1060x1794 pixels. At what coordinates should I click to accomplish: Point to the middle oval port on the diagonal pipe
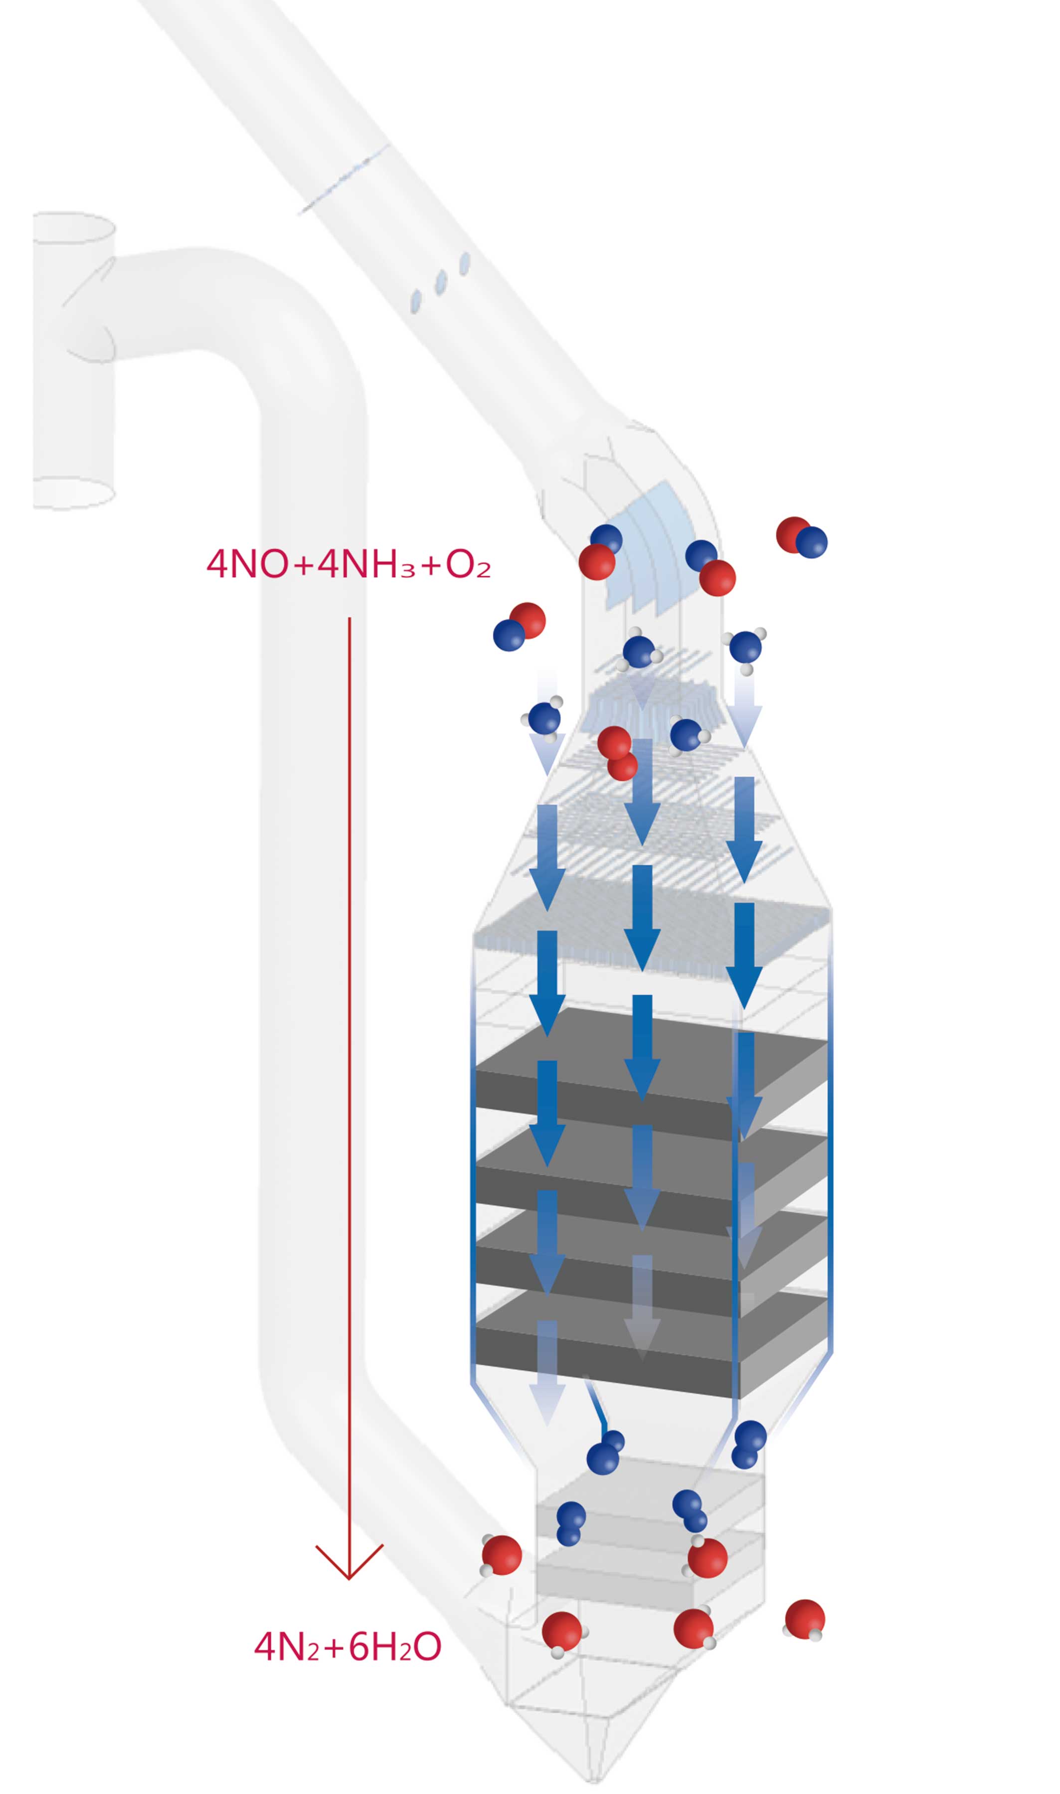[x=441, y=283]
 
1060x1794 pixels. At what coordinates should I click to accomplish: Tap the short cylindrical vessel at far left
[x=74, y=360]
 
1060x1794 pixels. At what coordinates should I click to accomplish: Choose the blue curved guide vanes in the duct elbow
[x=654, y=546]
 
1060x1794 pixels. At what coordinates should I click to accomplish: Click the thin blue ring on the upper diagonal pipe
[x=345, y=178]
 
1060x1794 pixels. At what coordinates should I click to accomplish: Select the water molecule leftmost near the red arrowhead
[x=501, y=1556]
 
